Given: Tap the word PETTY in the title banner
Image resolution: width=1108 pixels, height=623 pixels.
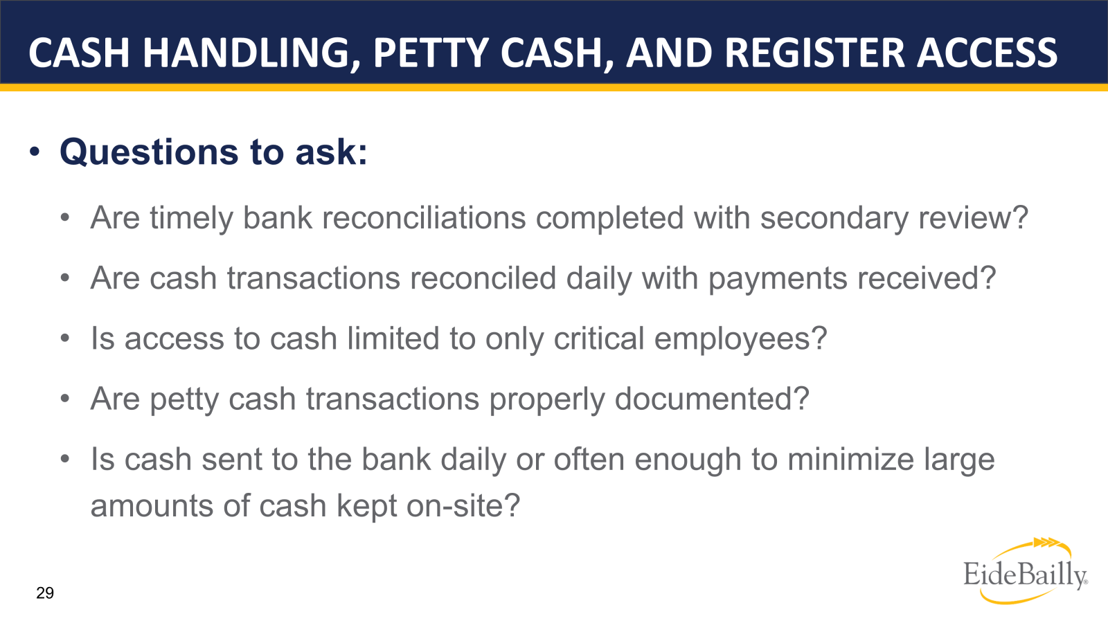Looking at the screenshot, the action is [x=431, y=53].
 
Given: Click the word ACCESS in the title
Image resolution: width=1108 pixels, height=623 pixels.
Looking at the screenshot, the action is [x=988, y=53].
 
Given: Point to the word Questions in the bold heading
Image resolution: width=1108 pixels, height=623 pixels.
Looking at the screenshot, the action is [x=149, y=152].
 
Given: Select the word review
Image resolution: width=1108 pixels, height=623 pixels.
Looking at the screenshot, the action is [x=966, y=219].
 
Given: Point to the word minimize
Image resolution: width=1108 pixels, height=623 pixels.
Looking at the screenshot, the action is [x=850, y=460].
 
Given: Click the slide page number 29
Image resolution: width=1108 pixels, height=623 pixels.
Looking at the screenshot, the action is [x=45, y=593].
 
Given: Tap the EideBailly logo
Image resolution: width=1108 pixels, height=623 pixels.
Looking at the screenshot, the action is [x=1026, y=571].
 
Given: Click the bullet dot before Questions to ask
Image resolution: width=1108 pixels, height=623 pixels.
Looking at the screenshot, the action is [x=34, y=152].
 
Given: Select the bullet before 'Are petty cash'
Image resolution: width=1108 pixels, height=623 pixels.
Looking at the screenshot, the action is [x=65, y=399].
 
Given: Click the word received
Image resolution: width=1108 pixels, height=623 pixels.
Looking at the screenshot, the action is [x=920, y=278].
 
